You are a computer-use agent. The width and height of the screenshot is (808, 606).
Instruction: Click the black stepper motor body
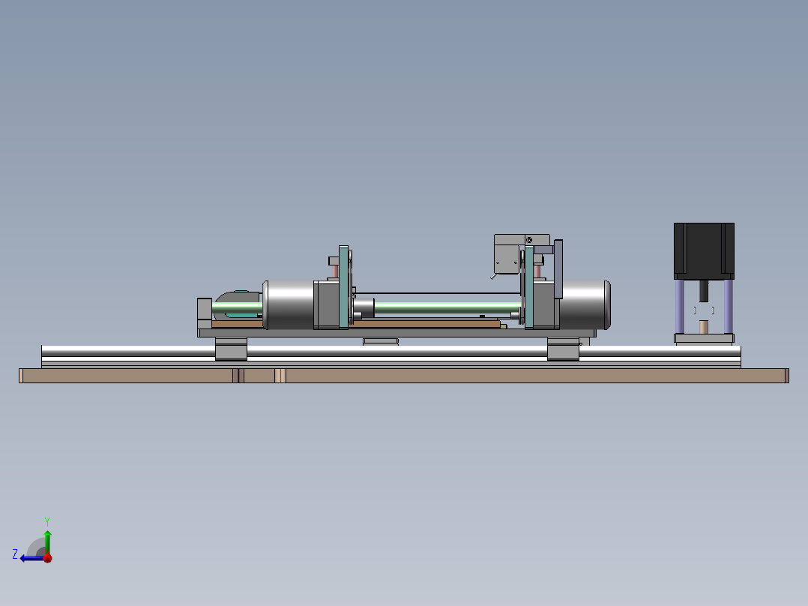click(x=704, y=250)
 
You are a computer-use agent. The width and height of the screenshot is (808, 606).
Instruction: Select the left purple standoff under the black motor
click(x=680, y=306)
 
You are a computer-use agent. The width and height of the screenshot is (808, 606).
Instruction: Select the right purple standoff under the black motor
click(x=728, y=306)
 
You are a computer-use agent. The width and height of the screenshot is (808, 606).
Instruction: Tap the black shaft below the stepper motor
click(x=704, y=291)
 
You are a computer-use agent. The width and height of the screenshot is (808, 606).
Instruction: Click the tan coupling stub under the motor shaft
click(x=704, y=327)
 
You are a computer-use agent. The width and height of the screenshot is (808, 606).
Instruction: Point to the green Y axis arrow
click(x=47, y=542)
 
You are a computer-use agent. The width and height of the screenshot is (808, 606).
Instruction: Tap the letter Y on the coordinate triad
click(x=47, y=521)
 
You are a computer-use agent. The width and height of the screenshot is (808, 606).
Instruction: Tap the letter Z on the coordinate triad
click(x=15, y=554)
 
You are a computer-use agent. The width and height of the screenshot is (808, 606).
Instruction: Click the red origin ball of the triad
click(x=48, y=558)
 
